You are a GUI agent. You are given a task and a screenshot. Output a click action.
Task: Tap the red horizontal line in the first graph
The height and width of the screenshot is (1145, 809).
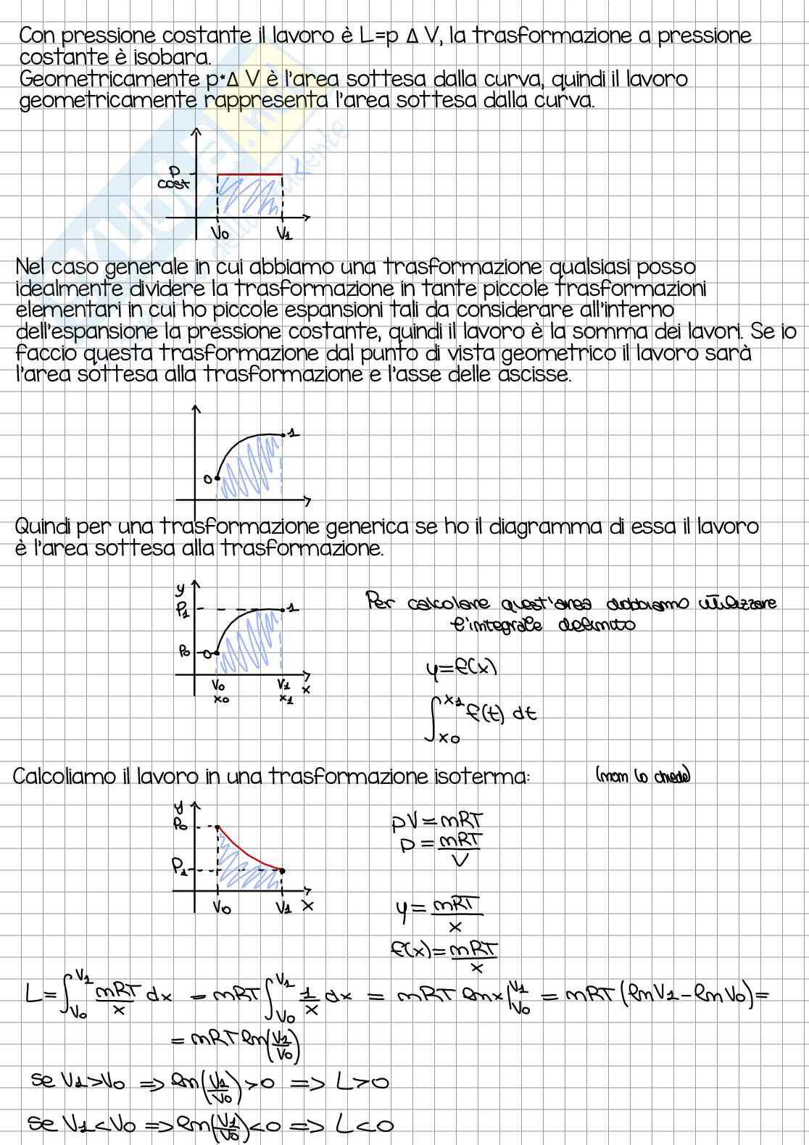(250, 174)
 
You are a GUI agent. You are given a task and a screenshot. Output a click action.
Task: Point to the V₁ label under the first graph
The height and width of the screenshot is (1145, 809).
(284, 233)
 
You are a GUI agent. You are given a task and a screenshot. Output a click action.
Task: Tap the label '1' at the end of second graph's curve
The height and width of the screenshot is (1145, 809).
(291, 433)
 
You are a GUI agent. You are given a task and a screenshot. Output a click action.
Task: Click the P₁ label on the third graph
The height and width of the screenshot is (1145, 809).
(183, 610)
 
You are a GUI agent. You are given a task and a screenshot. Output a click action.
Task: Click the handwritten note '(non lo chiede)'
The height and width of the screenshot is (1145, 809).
(642, 776)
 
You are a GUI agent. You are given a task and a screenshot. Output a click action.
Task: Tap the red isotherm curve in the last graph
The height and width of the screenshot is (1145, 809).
(246, 851)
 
